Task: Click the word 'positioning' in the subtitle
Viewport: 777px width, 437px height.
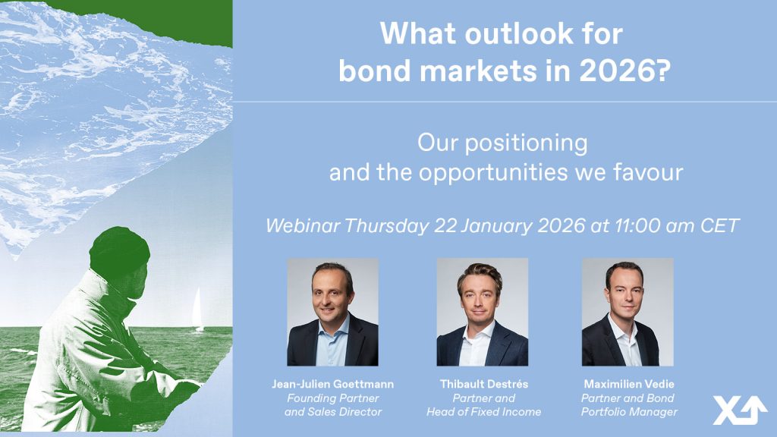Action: (x=526, y=144)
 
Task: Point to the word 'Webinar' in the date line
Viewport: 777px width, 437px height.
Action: (x=303, y=226)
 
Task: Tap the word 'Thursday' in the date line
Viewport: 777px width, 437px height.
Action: (x=386, y=226)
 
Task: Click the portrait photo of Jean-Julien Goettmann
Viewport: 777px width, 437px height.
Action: (x=332, y=312)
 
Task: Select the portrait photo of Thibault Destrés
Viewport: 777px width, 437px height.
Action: (x=482, y=312)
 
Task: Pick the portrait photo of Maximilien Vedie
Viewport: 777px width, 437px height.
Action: (x=628, y=312)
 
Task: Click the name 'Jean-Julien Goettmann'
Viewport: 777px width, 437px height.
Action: (x=332, y=384)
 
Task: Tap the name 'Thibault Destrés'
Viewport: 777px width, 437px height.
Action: (x=483, y=384)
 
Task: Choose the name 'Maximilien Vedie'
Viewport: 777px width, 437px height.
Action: (x=629, y=384)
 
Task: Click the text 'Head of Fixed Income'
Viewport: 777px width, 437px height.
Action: (x=483, y=412)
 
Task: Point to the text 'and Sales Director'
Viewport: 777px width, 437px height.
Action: (x=333, y=412)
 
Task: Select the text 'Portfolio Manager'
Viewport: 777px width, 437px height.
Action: (x=629, y=412)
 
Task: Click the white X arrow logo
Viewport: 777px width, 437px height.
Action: (x=739, y=410)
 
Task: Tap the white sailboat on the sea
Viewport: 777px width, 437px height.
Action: (x=197, y=310)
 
